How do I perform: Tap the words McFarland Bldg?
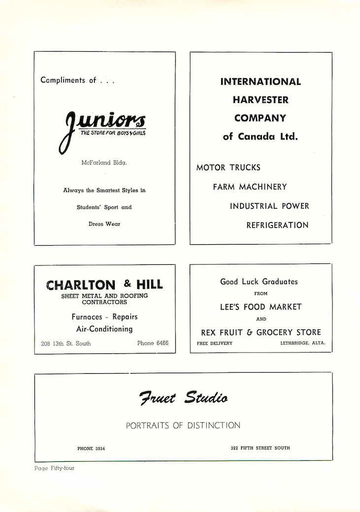pyautogui.click(x=103, y=162)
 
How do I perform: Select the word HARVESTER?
pyautogui.click(x=261, y=100)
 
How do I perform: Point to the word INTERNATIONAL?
pyautogui.click(x=261, y=82)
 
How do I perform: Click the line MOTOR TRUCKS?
pyautogui.click(x=229, y=168)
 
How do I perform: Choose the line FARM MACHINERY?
pyautogui.click(x=250, y=187)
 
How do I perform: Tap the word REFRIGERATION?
pyautogui.click(x=277, y=225)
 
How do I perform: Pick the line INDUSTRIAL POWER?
pyautogui.click(x=269, y=206)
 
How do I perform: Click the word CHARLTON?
pyautogui.click(x=81, y=285)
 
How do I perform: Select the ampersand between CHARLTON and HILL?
pyautogui.click(x=128, y=284)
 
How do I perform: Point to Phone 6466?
pyautogui.click(x=153, y=343)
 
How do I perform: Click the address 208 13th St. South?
pyautogui.click(x=66, y=343)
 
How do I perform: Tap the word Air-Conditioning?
pyautogui.click(x=104, y=329)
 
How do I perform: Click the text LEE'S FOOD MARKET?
pyautogui.click(x=261, y=307)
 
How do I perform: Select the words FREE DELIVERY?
pyautogui.click(x=214, y=343)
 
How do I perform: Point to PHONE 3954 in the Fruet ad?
pyautogui.click(x=91, y=448)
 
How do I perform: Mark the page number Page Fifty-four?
pyautogui.click(x=54, y=468)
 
